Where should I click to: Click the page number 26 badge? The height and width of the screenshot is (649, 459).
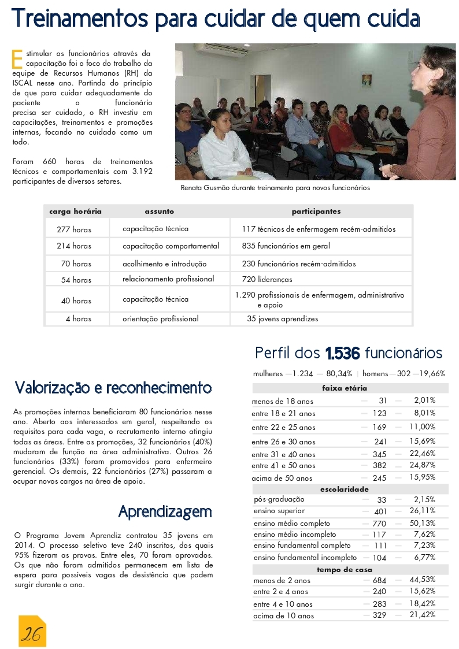[31, 634]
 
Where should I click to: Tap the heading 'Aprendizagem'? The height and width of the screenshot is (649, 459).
[165, 511]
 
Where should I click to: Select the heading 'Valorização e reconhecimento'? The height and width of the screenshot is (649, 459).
[113, 387]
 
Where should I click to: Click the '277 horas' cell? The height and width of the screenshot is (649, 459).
[74, 229]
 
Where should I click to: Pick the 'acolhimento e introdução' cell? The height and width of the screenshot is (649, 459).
[164, 264]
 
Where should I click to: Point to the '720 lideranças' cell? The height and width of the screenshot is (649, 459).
[267, 279]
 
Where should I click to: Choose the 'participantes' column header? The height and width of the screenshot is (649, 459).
[316, 212]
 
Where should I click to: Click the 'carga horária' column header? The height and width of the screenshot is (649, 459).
[75, 212]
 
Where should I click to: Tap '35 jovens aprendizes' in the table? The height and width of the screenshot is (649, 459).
[282, 318]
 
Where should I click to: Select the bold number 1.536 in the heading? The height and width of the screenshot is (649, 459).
[343, 353]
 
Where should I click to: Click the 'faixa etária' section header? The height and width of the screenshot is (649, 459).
[345, 388]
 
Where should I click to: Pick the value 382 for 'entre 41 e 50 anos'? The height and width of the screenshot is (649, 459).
[379, 465]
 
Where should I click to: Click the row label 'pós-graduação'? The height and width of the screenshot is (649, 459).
[279, 499]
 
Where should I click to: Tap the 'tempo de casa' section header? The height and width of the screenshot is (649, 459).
[345, 569]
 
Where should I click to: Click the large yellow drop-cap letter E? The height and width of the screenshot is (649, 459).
[17, 58]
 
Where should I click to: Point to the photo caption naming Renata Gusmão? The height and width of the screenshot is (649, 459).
[275, 188]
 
